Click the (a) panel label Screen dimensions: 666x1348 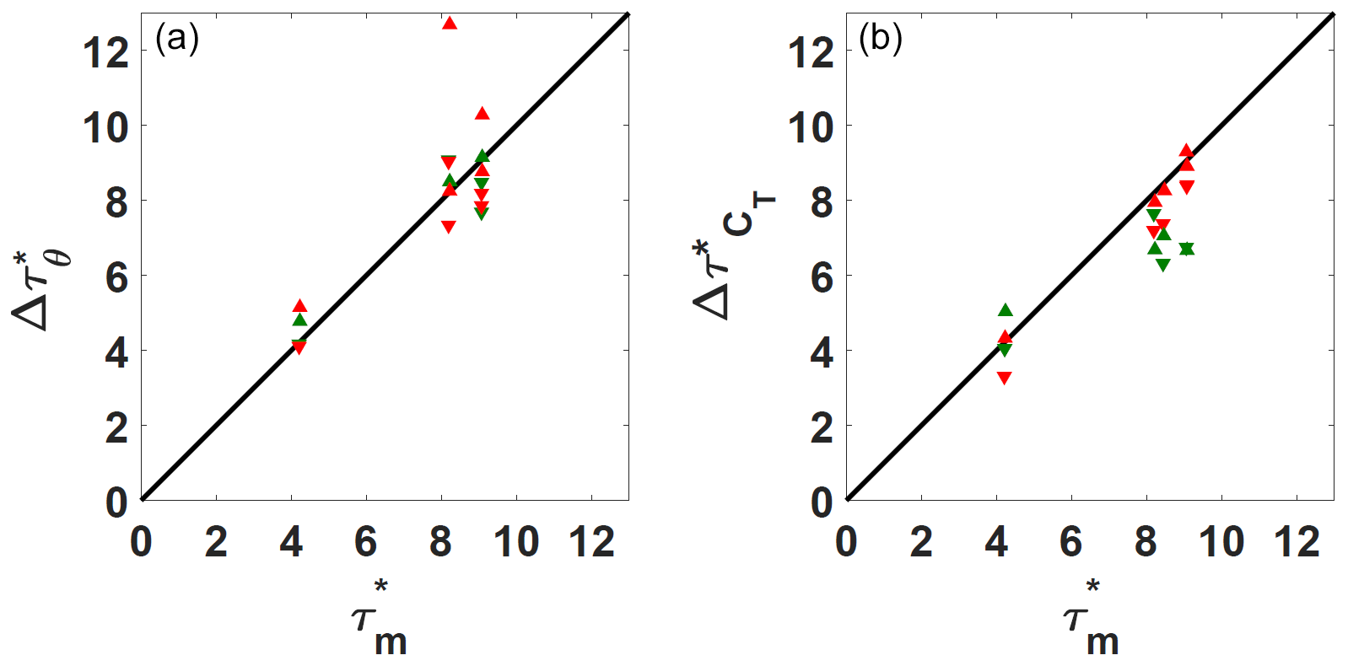pos(177,39)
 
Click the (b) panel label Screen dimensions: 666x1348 pos(880,39)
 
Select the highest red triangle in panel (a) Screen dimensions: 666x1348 pos(449,23)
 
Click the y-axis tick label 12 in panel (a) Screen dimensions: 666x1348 pos(105,52)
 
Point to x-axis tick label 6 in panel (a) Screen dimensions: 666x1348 pos(365,542)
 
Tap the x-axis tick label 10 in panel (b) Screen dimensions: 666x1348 pos(1221,542)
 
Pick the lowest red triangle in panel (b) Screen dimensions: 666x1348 pos(1004,378)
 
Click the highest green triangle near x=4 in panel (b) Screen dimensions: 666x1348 pos(1005,310)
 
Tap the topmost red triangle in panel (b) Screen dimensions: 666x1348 pos(1186,151)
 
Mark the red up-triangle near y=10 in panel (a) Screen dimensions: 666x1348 pos(482,114)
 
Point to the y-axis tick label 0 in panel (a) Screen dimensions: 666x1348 pos(116,502)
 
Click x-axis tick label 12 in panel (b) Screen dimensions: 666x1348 pos(1296,542)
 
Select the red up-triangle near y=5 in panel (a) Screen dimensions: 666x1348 pos(299,306)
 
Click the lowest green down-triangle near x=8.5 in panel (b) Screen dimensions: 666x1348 pos(1163,265)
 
